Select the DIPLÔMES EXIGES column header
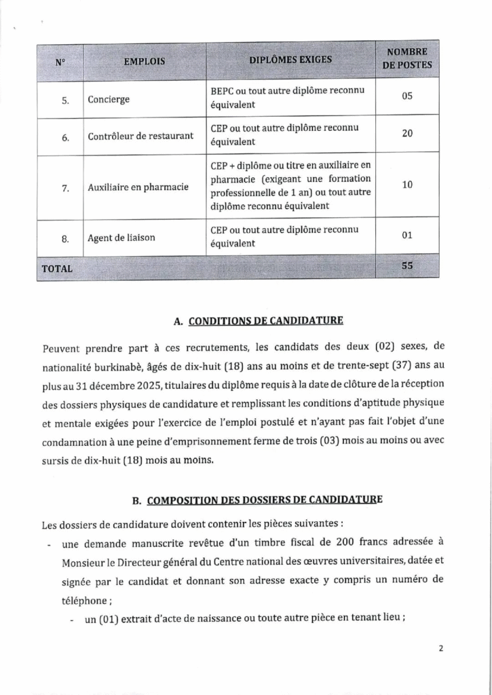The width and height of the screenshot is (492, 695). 290,59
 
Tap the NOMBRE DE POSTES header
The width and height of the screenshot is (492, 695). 407,59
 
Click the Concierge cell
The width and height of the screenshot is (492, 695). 109,100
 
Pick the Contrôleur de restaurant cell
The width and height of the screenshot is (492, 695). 140,136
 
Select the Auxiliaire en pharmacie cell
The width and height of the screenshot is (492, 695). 138,187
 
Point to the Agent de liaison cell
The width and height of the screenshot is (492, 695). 121,238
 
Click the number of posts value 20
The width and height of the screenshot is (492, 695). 407,134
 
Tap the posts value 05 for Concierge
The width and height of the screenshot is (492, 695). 407,96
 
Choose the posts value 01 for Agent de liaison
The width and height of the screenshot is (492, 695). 407,236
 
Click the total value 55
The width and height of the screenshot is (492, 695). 407,266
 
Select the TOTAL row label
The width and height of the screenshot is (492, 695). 57,269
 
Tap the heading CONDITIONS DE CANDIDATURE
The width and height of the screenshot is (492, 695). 265,320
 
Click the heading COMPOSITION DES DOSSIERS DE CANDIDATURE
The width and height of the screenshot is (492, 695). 265,500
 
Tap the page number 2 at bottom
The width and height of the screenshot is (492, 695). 440,648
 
